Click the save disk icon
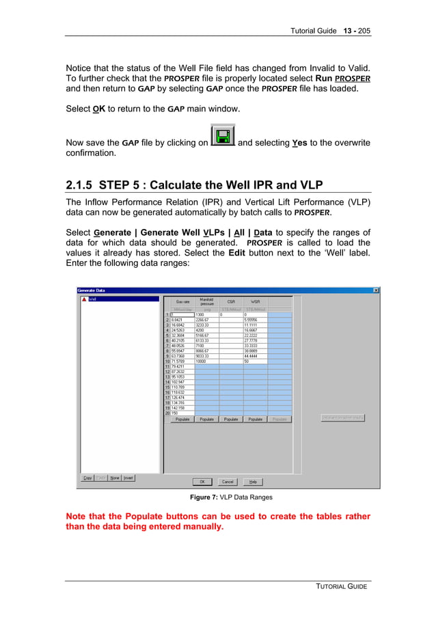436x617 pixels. [223, 135]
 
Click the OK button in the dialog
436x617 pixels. [202, 482]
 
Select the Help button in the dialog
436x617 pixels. [252, 482]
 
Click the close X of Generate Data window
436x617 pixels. [376, 290]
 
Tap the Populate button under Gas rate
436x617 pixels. [182, 419]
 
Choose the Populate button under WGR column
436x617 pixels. [256, 419]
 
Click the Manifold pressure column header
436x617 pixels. [206, 301]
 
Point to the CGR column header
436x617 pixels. [231, 301]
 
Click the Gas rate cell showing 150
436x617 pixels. [182, 413]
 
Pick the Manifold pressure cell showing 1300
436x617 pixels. [206, 314]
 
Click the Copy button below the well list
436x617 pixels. [87, 478]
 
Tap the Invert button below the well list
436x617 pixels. [128, 478]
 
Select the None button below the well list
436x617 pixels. [115, 478]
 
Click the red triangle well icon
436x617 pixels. [84, 299]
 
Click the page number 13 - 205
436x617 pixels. [356, 31]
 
